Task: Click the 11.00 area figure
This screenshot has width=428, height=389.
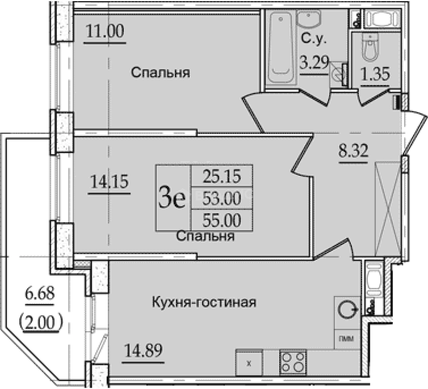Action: [105, 32]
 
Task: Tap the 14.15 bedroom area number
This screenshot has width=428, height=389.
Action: [109, 182]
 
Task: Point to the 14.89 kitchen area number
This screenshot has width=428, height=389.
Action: [143, 350]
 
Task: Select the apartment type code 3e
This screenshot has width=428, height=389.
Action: [172, 198]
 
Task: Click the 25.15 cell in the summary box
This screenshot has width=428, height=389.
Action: [221, 176]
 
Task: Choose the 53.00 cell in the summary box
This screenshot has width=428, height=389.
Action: [221, 198]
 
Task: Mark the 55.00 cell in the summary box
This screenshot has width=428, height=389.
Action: [221, 220]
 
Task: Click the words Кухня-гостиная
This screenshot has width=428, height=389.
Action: [204, 302]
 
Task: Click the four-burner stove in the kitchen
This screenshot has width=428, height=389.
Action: [293, 362]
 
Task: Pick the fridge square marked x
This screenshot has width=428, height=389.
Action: [249, 363]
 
